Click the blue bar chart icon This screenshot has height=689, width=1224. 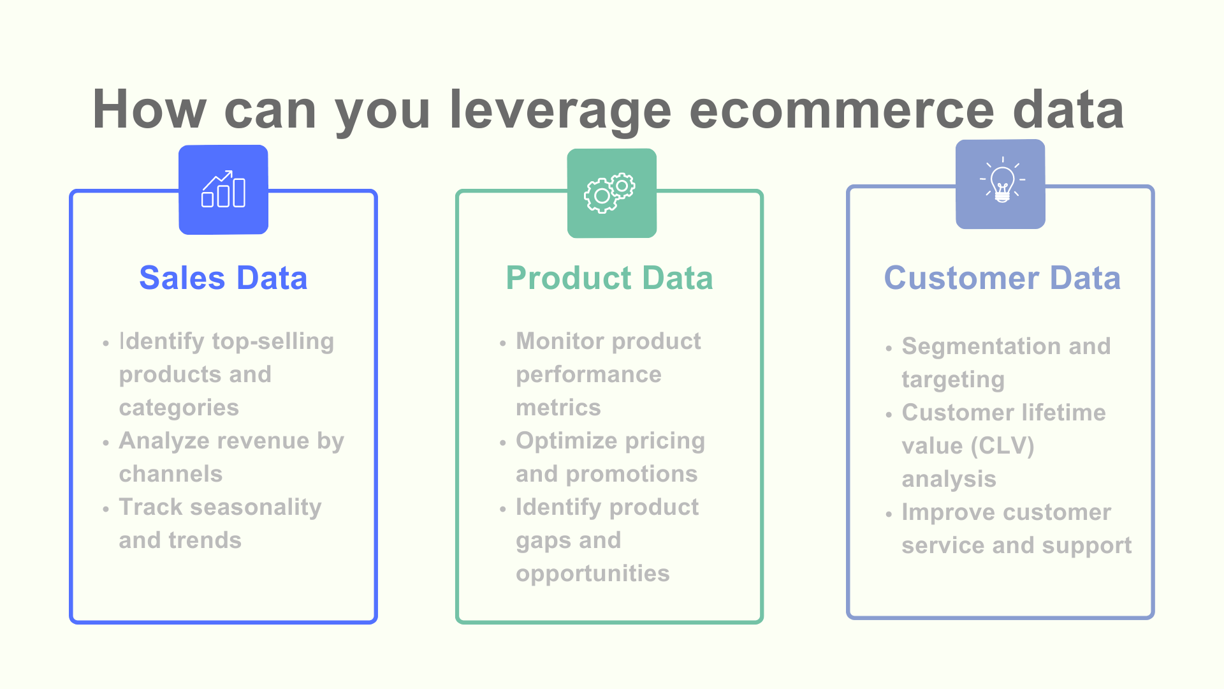point(223,189)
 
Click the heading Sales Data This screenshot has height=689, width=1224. point(223,278)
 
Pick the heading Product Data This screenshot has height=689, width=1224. point(609,278)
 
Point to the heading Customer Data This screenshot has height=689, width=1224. point(1002,278)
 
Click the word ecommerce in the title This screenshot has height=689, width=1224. point(841,110)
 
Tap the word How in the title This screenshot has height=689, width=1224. point(149,110)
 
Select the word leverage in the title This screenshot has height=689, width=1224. point(560,110)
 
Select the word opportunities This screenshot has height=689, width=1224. point(593,574)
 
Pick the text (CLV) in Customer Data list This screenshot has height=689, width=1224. point(1003,446)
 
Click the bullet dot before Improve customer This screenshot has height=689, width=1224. point(889,514)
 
